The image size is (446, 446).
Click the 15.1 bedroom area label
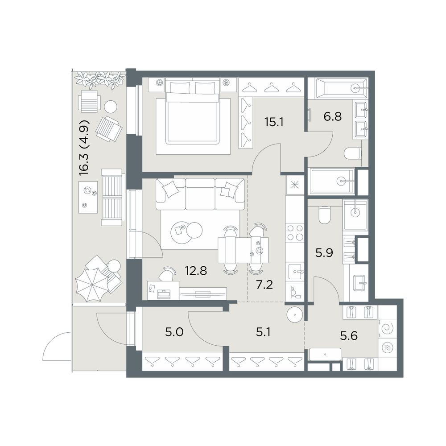(274, 123)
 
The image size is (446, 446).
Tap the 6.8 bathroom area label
(333, 116)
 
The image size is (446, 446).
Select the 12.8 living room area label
(196, 271)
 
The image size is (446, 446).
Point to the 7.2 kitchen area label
(264, 284)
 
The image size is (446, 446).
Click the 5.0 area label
(174, 332)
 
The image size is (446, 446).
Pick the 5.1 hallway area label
(264, 332)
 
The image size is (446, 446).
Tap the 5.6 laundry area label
(349, 336)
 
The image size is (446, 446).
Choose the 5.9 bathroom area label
(324, 252)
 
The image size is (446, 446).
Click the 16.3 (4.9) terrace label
(84, 148)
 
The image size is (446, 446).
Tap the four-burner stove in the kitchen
(295, 232)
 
